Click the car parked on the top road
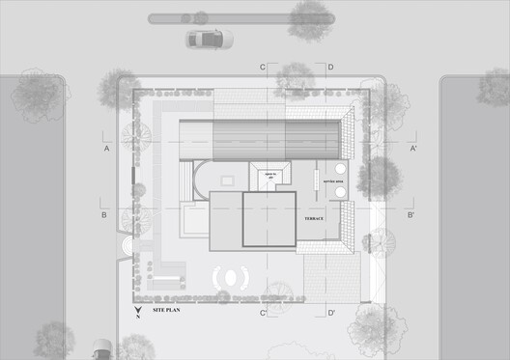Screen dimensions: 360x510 point(210,39)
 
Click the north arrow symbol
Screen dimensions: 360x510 point(137,311)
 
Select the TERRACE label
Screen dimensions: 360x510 point(314,219)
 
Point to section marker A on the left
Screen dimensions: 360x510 point(107,150)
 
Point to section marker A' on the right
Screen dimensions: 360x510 point(412,150)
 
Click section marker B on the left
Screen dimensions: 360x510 point(104,214)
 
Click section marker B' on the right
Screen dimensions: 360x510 point(411,214)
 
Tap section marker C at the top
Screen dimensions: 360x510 point(263,67)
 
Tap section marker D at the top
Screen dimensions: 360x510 point(330,67)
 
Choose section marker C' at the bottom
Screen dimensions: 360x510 point(263,314)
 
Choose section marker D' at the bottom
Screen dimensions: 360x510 point(331,314)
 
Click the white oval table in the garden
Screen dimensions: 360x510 point(230,277)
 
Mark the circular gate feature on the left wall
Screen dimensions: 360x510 point(125,246)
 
